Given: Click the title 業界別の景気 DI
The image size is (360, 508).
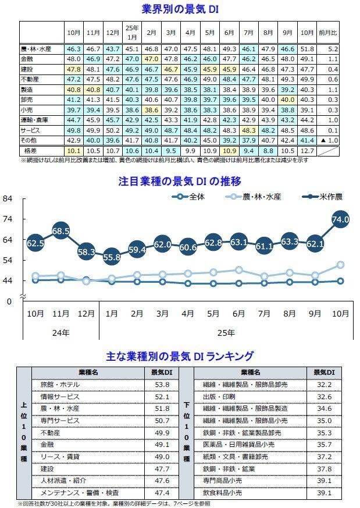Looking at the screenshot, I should tap(179, 9).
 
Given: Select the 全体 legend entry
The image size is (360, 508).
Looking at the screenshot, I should tap(190, 197).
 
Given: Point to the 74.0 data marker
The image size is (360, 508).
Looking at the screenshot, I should tap(340, 219).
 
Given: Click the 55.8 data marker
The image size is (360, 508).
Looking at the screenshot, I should tap(112, 257).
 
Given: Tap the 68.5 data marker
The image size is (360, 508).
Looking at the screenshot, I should tap(60, 231).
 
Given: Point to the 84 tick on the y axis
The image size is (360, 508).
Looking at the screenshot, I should tap(8, 199).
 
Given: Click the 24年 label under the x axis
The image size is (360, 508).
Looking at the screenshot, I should tap(60, 333).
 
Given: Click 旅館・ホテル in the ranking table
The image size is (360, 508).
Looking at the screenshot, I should tap(60, 385).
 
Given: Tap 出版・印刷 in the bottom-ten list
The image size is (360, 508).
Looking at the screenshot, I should tap(218, 397).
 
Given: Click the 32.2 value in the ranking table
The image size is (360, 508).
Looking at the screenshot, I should tap(323, 385).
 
